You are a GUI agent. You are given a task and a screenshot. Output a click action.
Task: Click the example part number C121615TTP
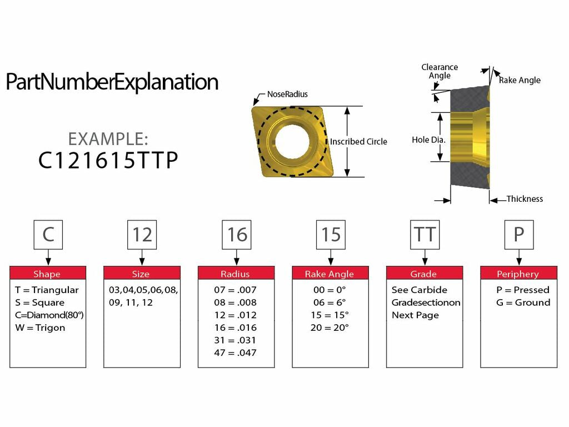tap(108, 160)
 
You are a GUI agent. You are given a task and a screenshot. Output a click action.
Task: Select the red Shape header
tap(47, 274)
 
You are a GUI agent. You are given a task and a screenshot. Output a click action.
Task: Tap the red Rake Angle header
tap(330, 274)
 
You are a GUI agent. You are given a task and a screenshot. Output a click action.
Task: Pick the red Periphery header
tap(518, 274)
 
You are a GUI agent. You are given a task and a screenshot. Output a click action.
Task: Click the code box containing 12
tap(142, 234)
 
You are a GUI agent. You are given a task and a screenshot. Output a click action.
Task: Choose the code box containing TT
tap(425, 234)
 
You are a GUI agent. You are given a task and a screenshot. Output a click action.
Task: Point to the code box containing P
tap(518, 234)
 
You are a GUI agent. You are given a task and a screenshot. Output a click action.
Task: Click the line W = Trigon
tap(40, 327)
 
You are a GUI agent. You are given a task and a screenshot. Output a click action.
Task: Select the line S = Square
tap(40, 302)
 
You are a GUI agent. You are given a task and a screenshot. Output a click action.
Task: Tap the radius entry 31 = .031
tap(236, 340)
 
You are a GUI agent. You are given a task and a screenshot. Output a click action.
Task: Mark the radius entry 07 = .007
tap(236, 290)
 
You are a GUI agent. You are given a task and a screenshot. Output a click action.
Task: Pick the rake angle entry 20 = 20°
tap(330, 327)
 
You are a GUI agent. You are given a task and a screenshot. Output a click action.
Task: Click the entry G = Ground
tap(523, 302)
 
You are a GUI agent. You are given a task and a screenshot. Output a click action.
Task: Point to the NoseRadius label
tap(287, 95)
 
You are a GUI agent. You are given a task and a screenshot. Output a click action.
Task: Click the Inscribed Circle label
tap(358, 142)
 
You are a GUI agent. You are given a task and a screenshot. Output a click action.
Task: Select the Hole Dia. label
tap(428, 140)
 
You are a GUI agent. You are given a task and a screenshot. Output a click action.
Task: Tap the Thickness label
tap(525, 199)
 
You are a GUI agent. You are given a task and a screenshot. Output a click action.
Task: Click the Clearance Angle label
tap(440, 71)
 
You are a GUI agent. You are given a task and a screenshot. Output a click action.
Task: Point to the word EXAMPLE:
tap(108, 138)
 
